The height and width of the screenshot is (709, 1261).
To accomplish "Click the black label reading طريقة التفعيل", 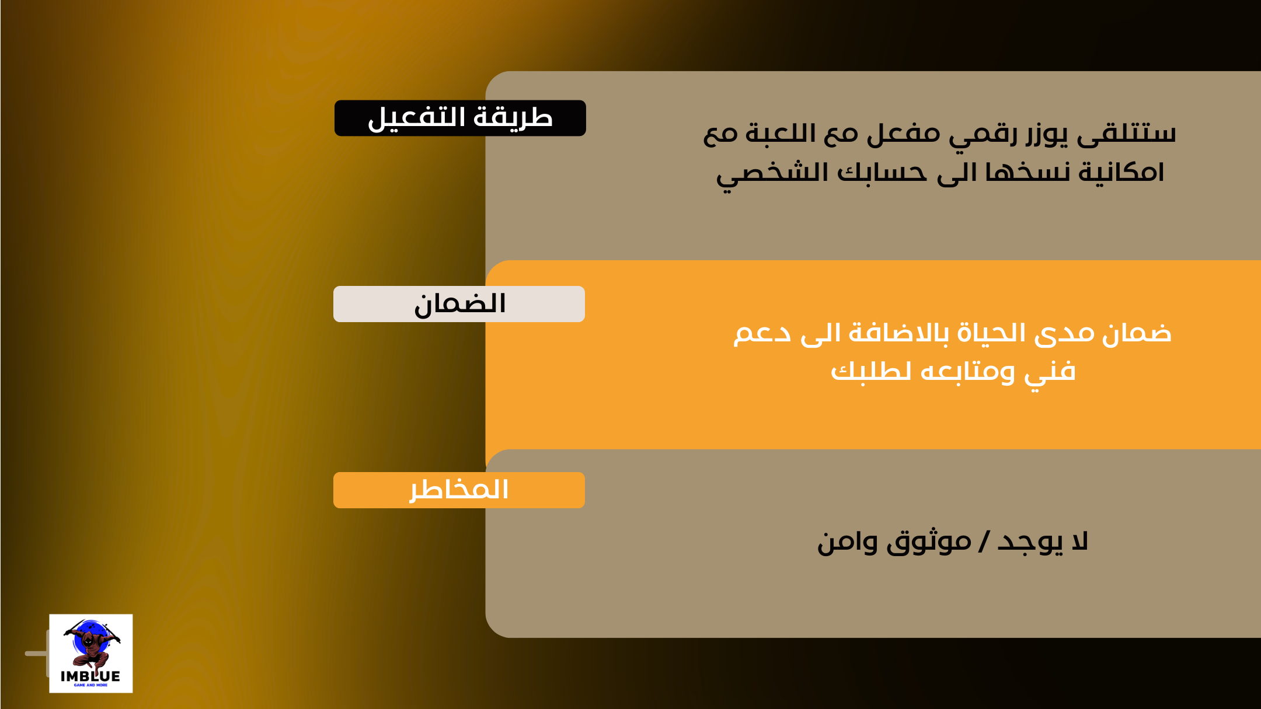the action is point(460,118).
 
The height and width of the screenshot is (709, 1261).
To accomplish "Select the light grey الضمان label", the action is point(459,304).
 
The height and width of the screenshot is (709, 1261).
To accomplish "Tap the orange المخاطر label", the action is point(459,490).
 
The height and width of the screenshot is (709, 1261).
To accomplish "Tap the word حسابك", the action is point(882,172).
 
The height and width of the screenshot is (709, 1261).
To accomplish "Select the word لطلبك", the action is point(870,371).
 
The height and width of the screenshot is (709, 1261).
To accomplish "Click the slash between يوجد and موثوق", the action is point(984,542).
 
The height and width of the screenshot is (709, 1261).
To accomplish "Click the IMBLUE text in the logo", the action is point(90,676).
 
